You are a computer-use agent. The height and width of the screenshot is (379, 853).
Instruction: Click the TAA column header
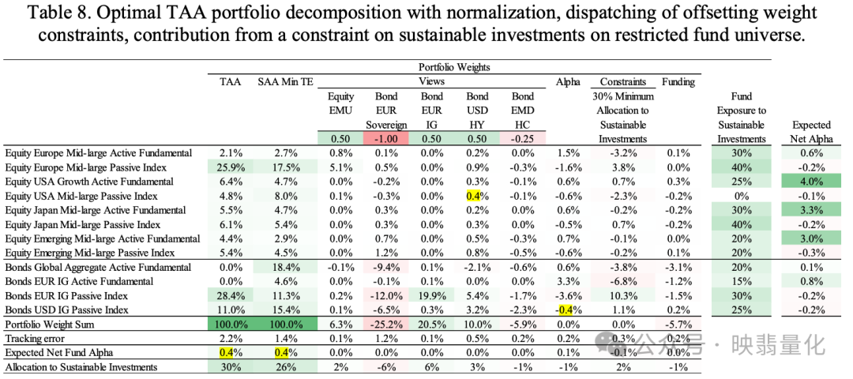pyautogui.click(x=231, y=81)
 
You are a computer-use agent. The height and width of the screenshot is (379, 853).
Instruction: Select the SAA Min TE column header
pyautogui.click(x=281, y=81)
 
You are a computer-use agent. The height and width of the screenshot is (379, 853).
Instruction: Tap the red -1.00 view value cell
pyautogui.click(x=386, y=139)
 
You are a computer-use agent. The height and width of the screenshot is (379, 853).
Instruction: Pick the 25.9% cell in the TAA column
pyautogui.click(x=231, y=167)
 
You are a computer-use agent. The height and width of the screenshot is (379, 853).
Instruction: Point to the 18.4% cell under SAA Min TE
pyautogui.click(x=281, y=268)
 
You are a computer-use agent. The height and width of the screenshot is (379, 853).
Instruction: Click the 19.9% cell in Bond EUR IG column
pyautogui.click(x=431, y=296)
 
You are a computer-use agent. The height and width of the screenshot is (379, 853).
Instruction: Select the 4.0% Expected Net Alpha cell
pyautogui.click(x=811, y=182)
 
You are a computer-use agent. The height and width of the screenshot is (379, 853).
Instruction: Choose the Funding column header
pyautogui.click(x=678, y=81)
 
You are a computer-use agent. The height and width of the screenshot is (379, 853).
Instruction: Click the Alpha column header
pyautogui.click(x=568, y=81)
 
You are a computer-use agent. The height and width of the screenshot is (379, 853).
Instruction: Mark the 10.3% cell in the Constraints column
pyautogui.click(x=622, y=296)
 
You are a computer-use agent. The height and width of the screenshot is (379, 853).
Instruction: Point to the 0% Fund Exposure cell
pyautogui.click(x=741, y=196)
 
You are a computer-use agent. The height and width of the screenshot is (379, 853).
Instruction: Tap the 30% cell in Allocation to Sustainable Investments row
pyautogui.click(x=231, y=367)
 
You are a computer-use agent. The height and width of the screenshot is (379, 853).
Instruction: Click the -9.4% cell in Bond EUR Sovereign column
pyautogui.click(x=386, y=268)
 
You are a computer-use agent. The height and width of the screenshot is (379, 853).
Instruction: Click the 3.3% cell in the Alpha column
pyautogui.click(x=568, y=282)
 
